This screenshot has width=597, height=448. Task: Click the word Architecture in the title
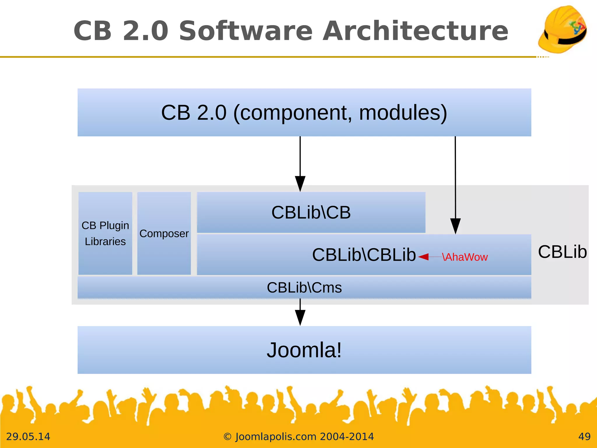point(415,31)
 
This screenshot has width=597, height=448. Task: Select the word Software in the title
point(245,31)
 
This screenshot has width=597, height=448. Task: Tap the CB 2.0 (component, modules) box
point(304,112)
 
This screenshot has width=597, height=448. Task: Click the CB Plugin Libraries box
point(105,233)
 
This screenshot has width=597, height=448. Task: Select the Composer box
point(164,233)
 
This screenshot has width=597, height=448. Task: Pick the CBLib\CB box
point(311,212)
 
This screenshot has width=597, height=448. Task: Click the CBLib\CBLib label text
point(364,255)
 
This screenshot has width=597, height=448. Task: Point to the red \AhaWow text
point(465,257)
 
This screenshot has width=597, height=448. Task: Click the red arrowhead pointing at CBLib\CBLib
point(424,257)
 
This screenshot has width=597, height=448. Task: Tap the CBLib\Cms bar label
point(304,288)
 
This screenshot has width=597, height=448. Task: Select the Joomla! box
point(304,350)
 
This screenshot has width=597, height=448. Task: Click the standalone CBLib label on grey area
point(562,252)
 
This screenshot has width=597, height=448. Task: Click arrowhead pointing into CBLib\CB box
point(300,184)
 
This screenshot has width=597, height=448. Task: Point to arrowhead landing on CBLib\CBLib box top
point(455,226)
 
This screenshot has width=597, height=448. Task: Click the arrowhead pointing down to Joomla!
point(300,318)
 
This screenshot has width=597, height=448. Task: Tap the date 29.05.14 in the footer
point(28,437)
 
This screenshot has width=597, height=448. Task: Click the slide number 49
point(584,437)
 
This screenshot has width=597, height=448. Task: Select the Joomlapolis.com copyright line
point(298,437)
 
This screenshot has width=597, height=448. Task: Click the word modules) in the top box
point(403,113)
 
